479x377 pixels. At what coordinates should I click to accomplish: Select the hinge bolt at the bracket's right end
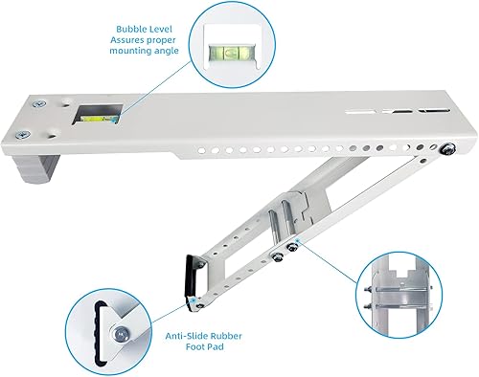pos(447,147)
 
